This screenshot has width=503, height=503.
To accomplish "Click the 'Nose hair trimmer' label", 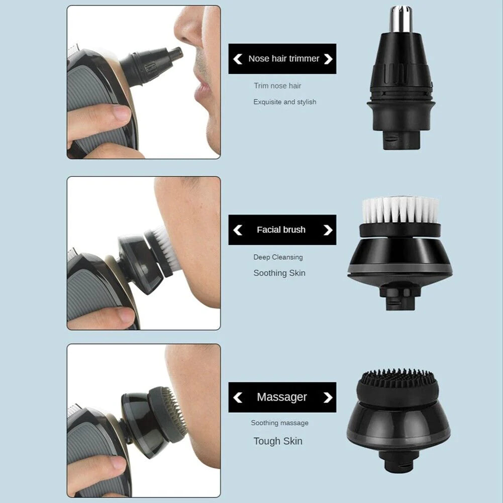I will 283,59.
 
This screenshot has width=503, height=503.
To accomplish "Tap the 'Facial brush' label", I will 281,230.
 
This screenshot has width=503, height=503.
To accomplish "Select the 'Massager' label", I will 281,397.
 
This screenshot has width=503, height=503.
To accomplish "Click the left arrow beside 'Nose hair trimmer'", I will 238,59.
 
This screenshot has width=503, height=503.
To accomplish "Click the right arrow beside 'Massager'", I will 328,397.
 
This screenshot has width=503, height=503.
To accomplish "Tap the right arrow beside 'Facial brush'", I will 328,230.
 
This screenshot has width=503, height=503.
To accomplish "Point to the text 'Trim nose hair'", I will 277,86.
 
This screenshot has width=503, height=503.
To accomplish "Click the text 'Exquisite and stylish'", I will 284,102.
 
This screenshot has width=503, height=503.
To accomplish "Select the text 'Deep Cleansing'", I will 278,257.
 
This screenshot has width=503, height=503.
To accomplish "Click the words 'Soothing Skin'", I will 279,273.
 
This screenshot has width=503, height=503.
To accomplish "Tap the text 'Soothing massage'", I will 279,423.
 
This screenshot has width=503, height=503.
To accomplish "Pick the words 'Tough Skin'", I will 278,441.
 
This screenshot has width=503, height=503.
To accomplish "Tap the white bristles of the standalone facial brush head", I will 400,210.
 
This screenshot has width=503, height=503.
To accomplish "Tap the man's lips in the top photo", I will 203,88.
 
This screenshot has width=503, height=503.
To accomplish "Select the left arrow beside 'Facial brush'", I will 238,230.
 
